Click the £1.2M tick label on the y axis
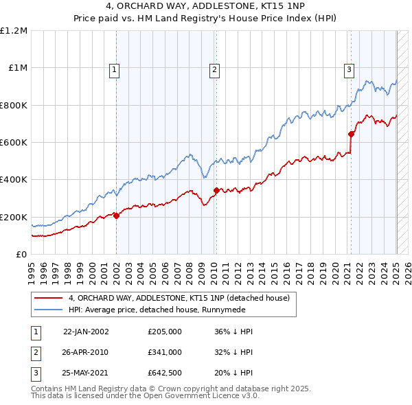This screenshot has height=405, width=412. tap(14, 31)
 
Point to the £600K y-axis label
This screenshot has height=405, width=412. tap(14, 143)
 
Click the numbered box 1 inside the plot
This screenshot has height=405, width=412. tap(113, 69)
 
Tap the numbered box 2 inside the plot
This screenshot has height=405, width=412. tap(214, 69)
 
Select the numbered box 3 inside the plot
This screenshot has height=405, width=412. tap(349, 69)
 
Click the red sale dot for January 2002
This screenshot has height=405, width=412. tap(116, 216)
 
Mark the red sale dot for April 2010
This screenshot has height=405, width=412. tap(216, 190)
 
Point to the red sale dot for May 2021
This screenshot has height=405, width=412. tap(352, 134)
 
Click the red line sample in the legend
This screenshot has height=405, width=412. tap(47, 299)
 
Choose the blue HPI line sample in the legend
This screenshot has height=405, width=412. tap(47, 310)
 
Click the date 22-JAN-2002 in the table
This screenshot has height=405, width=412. tap(86, 331)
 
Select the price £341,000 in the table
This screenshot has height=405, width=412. tap(165, 352)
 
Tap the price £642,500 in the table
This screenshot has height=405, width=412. tap(165, 373)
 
